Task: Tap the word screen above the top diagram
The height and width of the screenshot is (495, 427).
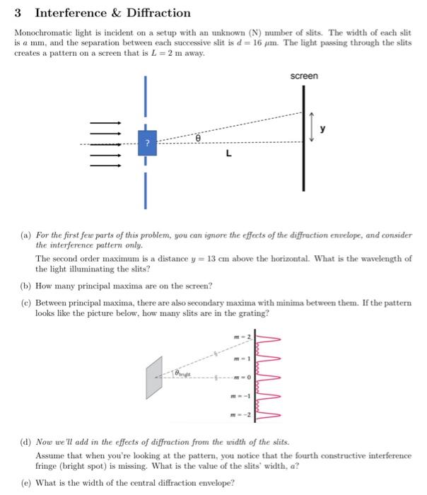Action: click(304, 76)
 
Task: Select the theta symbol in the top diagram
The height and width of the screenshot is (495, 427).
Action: click(199, 141)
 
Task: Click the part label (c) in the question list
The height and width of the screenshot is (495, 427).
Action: click(22, 301)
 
